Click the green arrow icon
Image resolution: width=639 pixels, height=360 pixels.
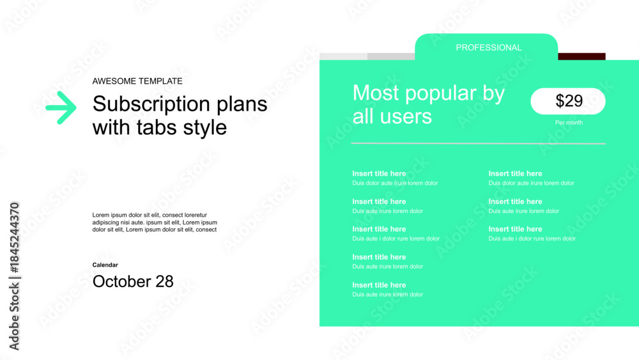pos(61,107)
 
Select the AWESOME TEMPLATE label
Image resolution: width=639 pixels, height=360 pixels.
pos(137,81)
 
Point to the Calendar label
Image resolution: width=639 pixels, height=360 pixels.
pos(105,265)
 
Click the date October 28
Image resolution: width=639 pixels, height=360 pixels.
pos(133,281)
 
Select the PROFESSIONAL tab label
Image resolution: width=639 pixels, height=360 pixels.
pos(489,48)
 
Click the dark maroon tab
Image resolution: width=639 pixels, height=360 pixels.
pos(581,56)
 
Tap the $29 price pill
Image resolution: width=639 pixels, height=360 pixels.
pos(568,101)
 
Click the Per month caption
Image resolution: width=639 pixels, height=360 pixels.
pos(569,122)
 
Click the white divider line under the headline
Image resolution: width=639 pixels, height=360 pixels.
pos(479,143)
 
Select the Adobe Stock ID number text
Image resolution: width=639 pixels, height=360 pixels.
pos(14,238)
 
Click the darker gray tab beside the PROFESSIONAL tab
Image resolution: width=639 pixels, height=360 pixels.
pos(391,56)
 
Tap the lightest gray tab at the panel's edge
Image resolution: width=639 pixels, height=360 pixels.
pos(344,56)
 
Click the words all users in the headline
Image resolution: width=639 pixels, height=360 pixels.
pos(392,116)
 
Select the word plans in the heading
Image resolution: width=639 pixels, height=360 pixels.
pos(242,105)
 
